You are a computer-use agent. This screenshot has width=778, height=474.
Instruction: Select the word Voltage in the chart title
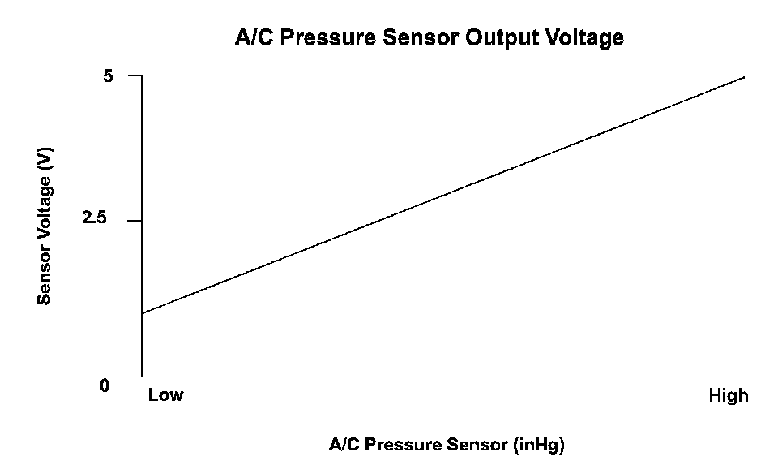[583, 37]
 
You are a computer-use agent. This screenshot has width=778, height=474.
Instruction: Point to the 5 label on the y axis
[109, 76]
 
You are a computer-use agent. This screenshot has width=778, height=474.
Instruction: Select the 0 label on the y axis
[105, 386]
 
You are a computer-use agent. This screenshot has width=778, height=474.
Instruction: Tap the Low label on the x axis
[165, 396]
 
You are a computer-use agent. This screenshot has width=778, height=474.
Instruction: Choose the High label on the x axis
[729, 396]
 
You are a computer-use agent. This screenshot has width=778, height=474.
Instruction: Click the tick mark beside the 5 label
[135, 76]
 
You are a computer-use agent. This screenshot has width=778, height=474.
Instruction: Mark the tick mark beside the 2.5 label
[135, 221]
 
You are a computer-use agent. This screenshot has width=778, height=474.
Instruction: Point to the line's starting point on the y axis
[143, 313]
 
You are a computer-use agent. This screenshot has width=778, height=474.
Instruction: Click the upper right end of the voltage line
[744, 77]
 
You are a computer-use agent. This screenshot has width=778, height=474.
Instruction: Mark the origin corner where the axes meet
[143, 377]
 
